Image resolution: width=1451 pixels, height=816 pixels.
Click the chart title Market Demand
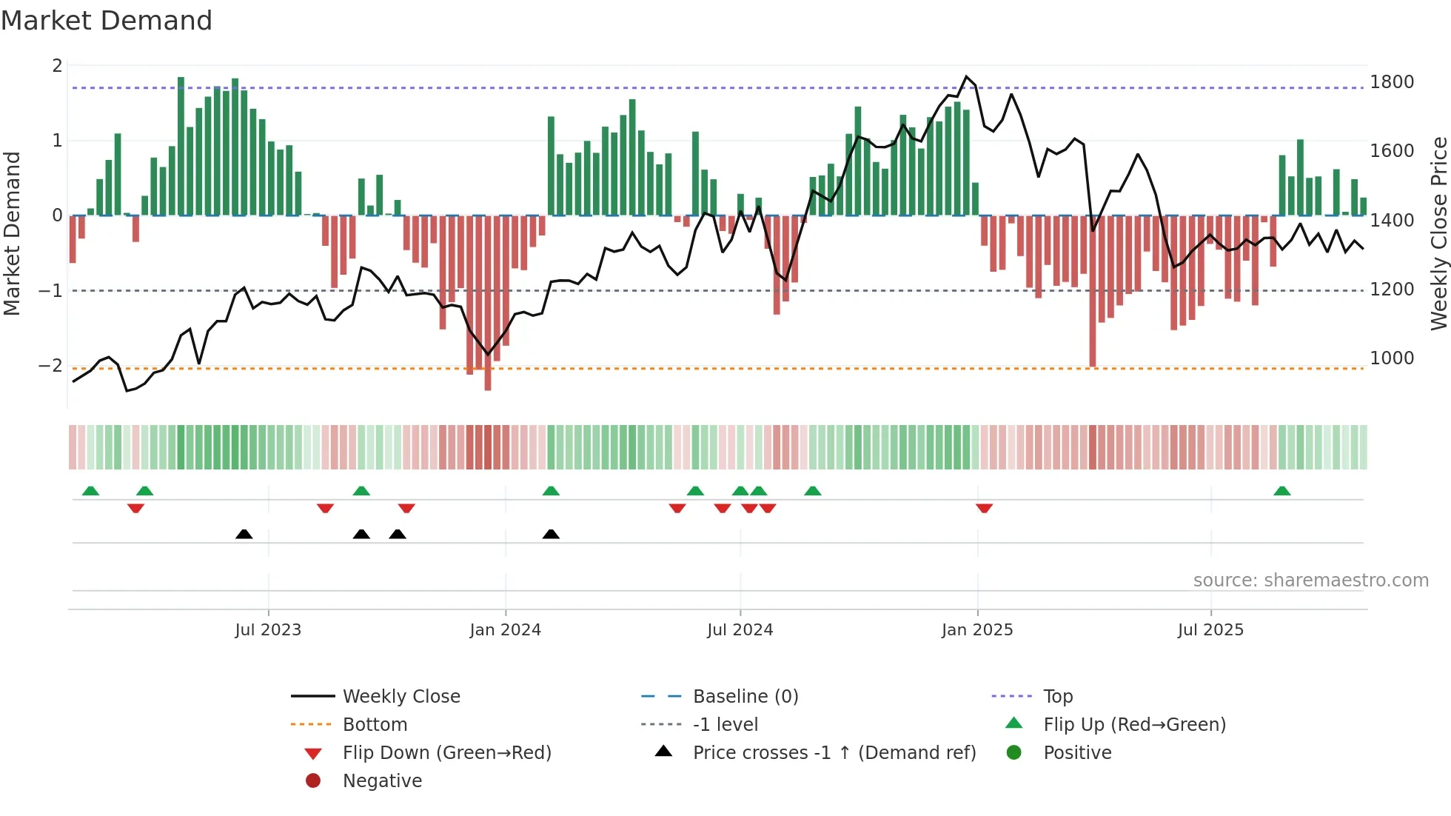click(x=107, y=21)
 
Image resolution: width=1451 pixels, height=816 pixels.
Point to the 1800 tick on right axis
click(x=1391, y=82)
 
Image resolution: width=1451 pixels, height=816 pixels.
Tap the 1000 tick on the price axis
click(x=1391, y=358)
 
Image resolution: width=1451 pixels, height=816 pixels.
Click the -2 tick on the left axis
click(x=51, y=366)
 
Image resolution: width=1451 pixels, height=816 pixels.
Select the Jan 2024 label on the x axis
click(x=505, y=630)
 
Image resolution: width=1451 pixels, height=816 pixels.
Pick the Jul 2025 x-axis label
click(x=1210, y=630)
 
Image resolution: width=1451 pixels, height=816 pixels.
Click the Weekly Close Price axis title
click(x=1438, y=233)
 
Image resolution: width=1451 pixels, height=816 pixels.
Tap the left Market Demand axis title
click(x=12, y=233)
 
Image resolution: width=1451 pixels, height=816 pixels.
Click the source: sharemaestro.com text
click(x=1310, y=581)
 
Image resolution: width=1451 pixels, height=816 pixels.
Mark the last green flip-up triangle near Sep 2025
click(x=1282, y=491)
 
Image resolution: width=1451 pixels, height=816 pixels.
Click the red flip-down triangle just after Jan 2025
click(x=984, y=508)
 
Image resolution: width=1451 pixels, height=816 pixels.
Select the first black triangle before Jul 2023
click(x=244, y=534)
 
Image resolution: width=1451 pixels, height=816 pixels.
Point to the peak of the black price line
click(x=966, y=76)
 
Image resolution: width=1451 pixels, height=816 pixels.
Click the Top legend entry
click(x=1057, y=697)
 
